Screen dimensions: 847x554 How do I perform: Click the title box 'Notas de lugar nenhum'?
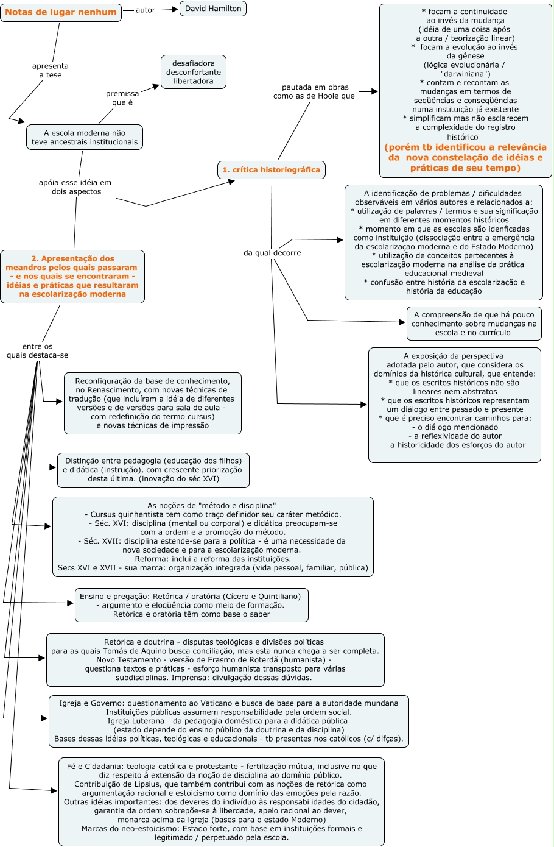tap(61, 12)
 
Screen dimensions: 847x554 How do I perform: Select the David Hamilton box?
tap(213, 9)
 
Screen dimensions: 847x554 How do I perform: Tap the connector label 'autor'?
tap(146, 10)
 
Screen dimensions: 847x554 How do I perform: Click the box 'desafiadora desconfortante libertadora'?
tap(193, 72)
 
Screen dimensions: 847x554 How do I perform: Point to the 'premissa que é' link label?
tap(122, 98)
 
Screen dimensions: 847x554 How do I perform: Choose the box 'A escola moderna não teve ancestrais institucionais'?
tap(85, 137)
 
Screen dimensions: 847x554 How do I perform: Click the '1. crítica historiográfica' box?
tap(271, 170)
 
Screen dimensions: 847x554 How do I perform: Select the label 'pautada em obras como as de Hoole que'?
tap(314, 91)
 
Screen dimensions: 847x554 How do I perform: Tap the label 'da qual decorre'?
tap(272, 253)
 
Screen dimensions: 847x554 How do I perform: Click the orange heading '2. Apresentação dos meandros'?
tap(72, 276)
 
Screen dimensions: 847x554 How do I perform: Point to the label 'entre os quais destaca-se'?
tap(38, 351)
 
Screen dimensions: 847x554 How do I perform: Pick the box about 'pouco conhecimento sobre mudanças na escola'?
tap(474, 324)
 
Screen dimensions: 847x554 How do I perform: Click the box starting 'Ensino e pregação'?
tap(191, 605)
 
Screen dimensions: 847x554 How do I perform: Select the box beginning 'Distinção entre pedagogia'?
tap(153, 470)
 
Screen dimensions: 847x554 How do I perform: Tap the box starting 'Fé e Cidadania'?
tap(222, 801)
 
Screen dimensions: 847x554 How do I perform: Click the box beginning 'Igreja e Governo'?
tap(229, 721)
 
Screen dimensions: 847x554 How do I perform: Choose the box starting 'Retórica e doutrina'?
tap(215, 659)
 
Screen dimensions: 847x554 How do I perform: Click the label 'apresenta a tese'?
tap(51, 71)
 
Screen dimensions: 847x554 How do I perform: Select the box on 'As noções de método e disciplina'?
tap(213, 536)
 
